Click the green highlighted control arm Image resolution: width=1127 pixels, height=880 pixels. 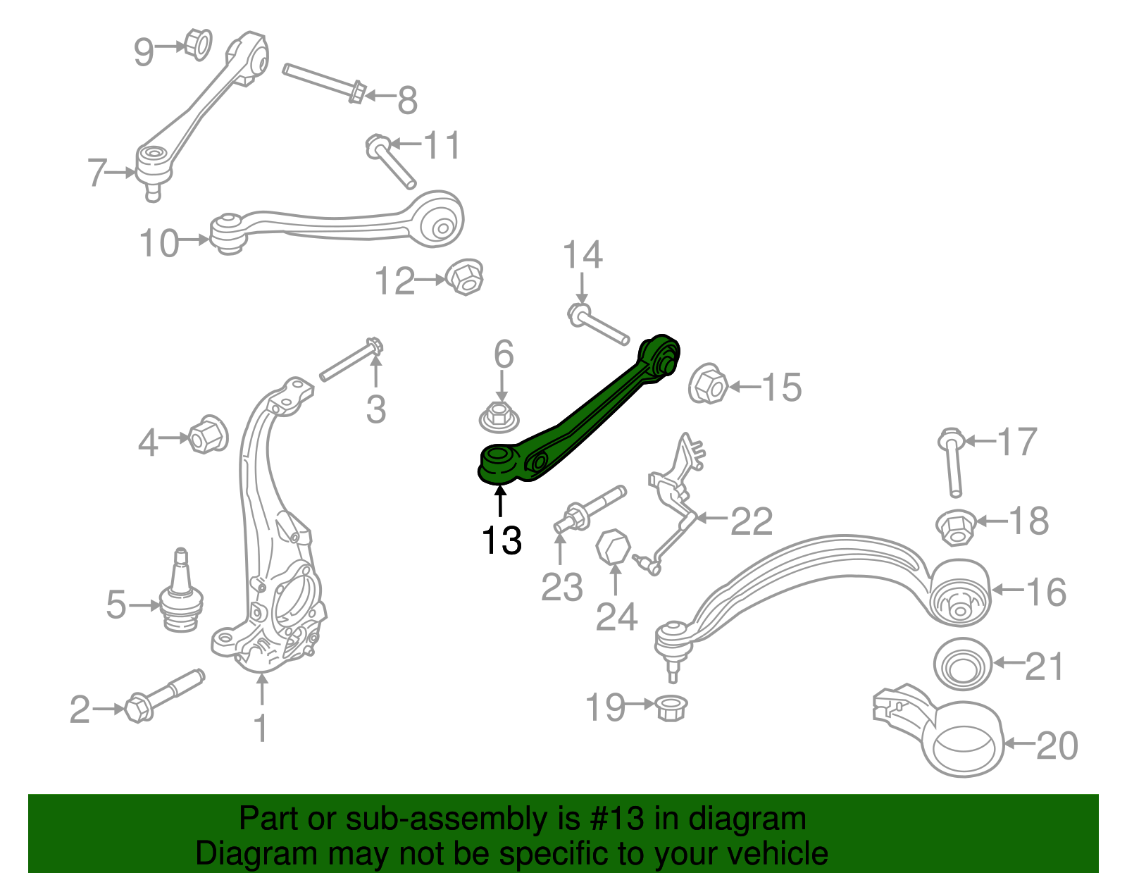[x=585, y=416]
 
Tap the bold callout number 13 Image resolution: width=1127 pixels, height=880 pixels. [x=502, y=541]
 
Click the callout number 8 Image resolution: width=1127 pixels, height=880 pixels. [x=407, y=100]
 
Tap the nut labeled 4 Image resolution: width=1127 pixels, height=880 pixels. [x=208, y=434]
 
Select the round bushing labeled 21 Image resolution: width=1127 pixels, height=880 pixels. [x=961, y=664]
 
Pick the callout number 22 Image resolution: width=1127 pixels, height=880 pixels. [x=752, y=521]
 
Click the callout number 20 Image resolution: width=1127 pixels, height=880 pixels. [x=1057, y=745]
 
